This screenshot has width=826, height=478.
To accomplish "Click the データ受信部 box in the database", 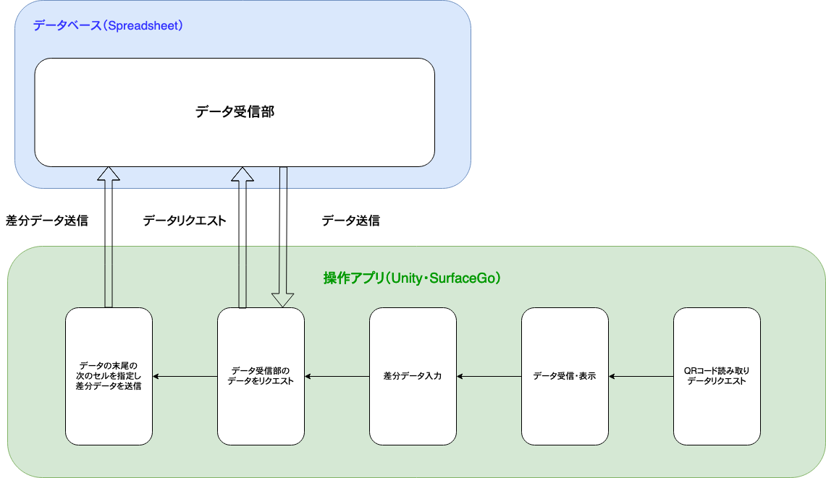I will click(x=235, y=112).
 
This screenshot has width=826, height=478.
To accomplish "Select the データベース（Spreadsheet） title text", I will click(x=108, y=26).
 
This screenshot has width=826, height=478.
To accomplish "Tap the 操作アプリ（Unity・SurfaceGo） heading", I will click(x=412, y=278).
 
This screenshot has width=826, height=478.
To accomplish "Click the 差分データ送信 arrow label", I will click(x=46, y=221).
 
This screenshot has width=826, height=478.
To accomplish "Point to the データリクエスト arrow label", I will click(x=185, y=221).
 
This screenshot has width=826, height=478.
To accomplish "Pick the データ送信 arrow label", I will click(x=350, y=221).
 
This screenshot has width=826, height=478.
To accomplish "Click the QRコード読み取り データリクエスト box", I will click(x=716, y=376).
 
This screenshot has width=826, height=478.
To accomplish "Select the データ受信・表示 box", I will click(x=564, y=376).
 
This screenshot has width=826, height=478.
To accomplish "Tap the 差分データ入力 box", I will click(x=412, y=376).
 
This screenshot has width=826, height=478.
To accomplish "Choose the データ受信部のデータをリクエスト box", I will click(x=260, y=376).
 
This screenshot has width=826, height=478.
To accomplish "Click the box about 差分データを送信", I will click(x=109, y=376).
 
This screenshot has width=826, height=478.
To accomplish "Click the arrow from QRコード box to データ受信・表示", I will click(x=641, y=376).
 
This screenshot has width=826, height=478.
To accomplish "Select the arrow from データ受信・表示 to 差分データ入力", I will click(x=489, y=376).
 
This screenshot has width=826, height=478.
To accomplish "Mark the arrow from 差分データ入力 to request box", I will click(x=337, y=376).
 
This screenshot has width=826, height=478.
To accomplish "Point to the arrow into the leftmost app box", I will click(x=185, y=376).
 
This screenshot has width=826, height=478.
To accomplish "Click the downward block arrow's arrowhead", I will click(x=283, y=299).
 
